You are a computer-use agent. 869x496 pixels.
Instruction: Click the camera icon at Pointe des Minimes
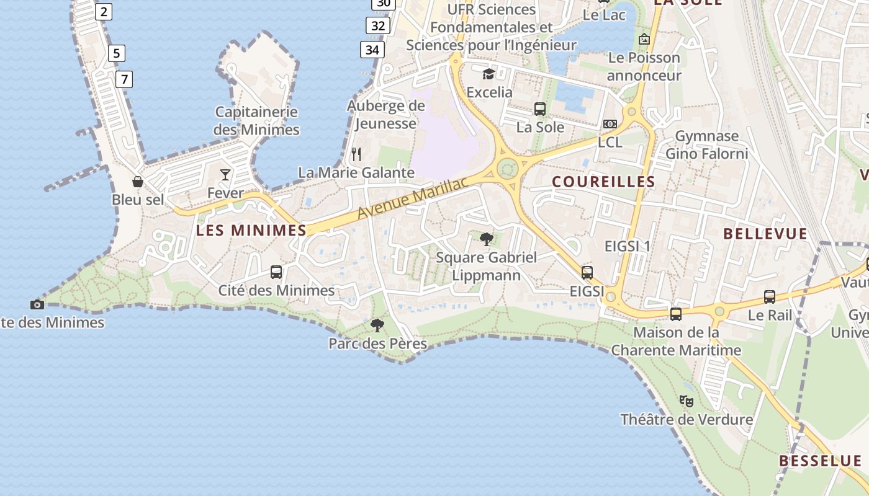tap(37, 304)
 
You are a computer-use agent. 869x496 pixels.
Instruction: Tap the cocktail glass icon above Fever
tap(225, 175)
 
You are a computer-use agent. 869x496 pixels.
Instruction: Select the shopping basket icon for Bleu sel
tap(138, 182)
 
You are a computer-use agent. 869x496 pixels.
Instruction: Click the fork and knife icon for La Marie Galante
tap(356, 154)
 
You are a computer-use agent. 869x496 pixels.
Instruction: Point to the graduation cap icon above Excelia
tap(489, 74)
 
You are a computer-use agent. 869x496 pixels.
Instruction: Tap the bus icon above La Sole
tap(540, 109)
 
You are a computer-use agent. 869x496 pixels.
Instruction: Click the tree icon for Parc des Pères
tap(377, 325)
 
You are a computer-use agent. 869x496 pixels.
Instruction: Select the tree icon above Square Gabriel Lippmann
tap(487, 239)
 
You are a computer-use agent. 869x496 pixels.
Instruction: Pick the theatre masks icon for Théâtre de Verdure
tap(686, 401)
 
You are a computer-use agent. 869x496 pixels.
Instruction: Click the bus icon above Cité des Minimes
tap(276, 272)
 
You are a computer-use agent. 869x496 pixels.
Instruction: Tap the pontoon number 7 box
tap(124, 79)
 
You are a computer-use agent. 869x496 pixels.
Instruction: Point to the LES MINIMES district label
tap(251, 231)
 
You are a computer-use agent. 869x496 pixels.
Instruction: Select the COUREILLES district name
tap(603, 182)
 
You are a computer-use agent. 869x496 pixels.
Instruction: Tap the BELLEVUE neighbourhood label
tap(765, 234)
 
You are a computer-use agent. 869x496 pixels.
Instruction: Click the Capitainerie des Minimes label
tap(256, 121)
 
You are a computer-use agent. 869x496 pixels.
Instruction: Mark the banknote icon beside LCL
tap(610, 124)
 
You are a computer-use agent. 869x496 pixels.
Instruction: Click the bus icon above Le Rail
tap(770, 297)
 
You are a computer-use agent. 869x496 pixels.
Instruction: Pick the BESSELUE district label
tap(820, 461)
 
